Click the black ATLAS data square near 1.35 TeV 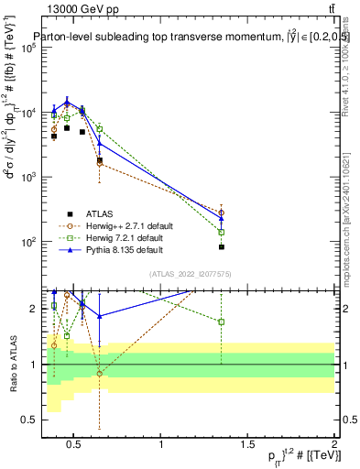[222, 247]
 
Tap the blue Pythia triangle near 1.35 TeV [222, 218]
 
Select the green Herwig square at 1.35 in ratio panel [222, 322]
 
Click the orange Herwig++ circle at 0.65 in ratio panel [100, 374]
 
